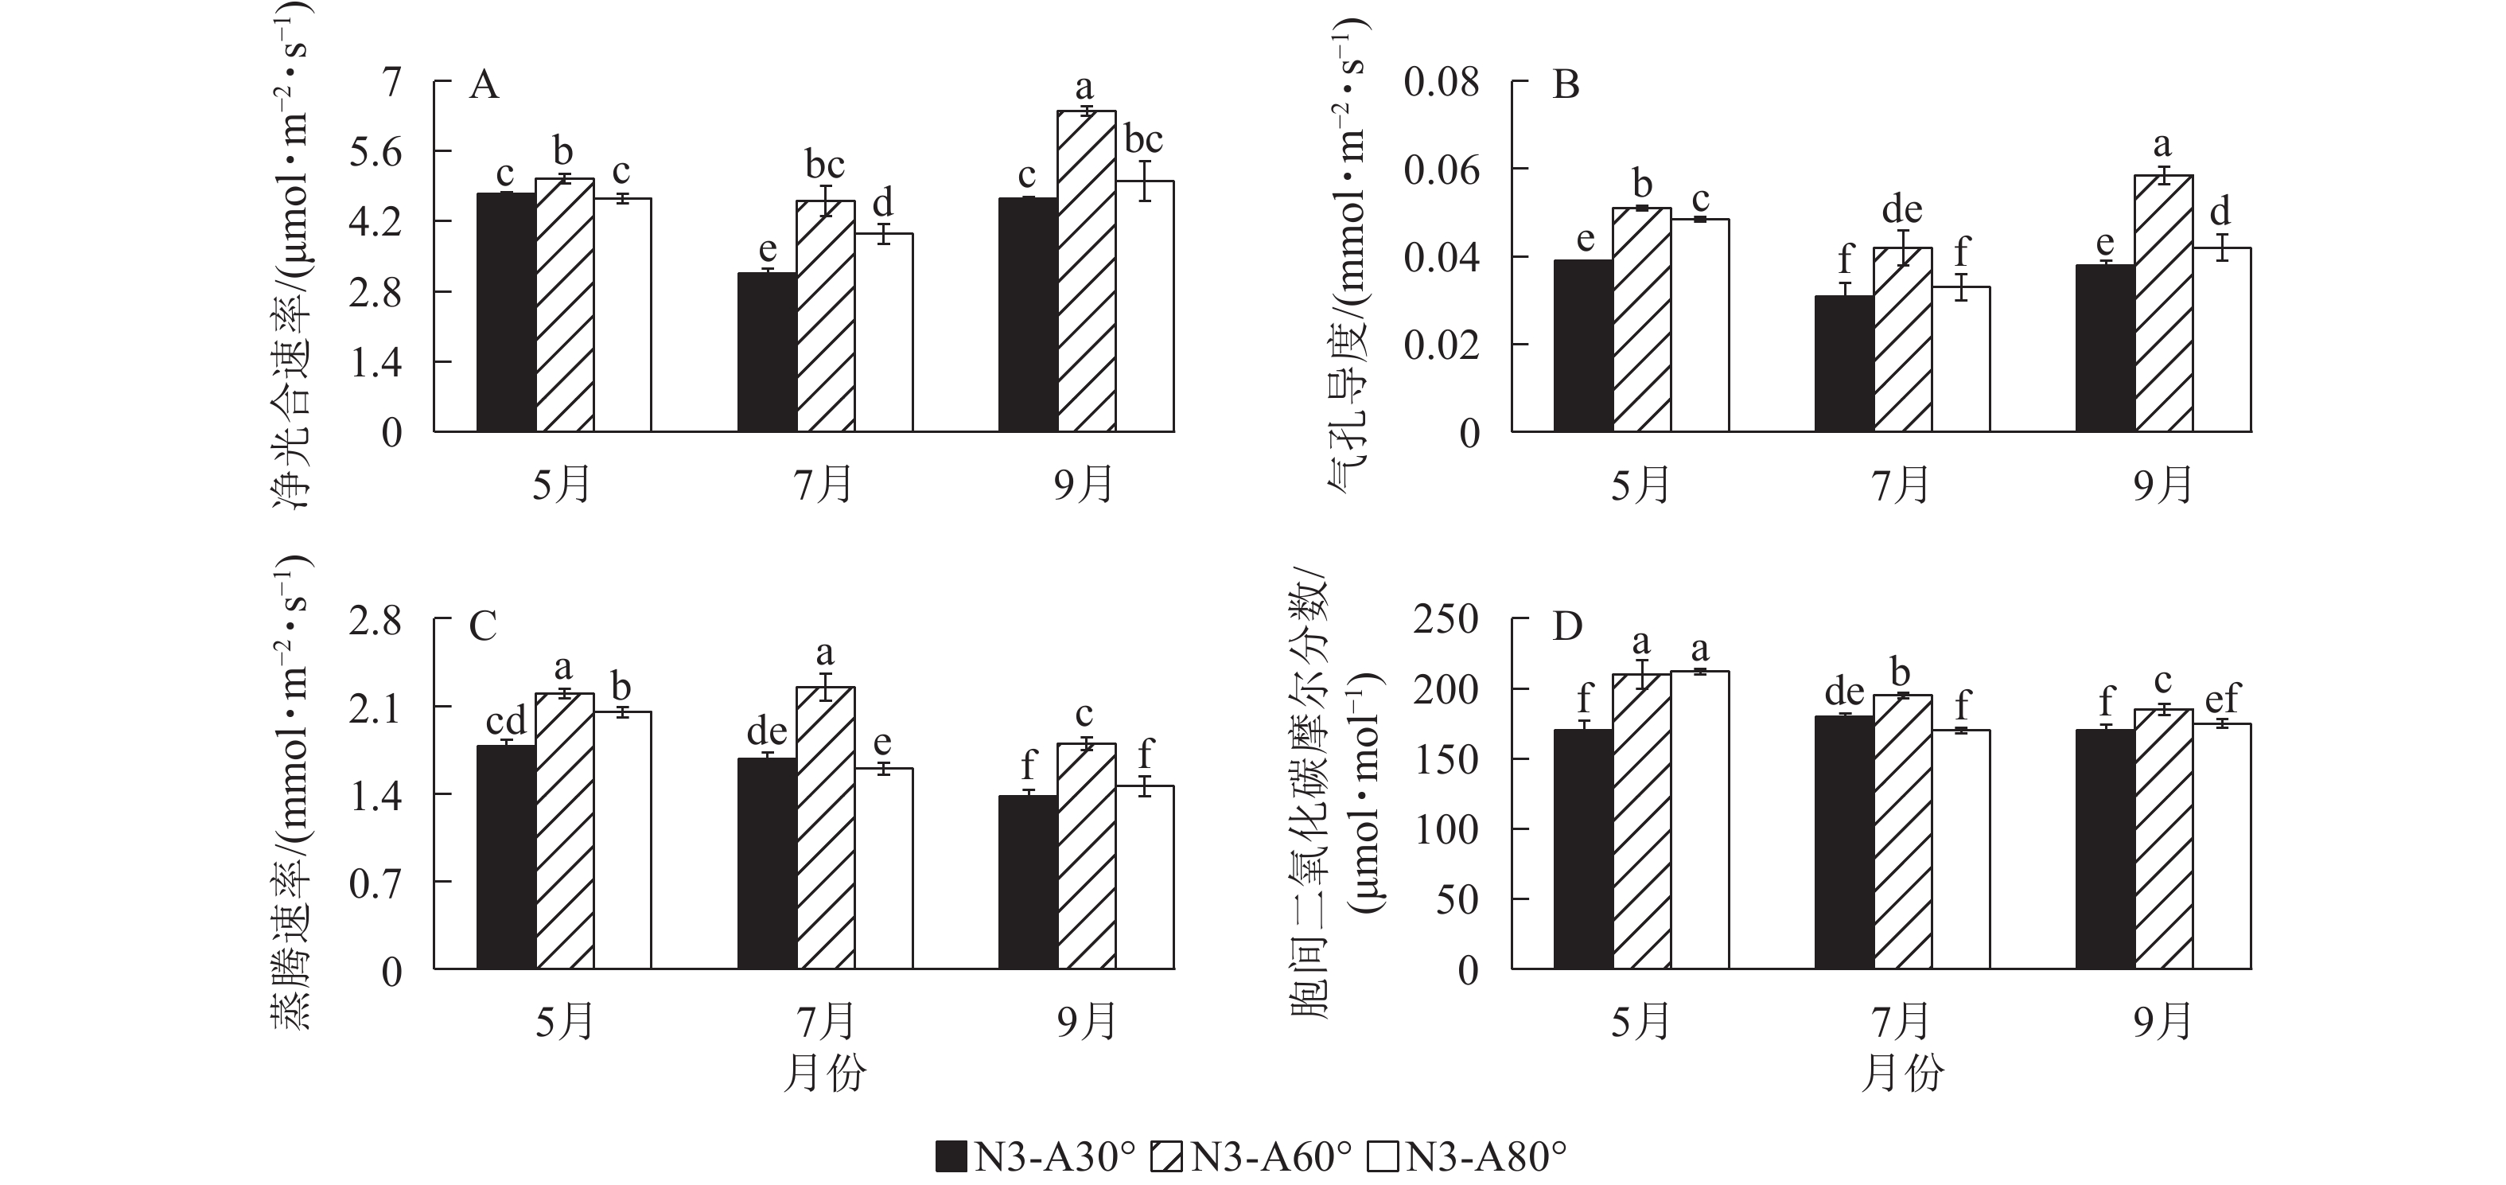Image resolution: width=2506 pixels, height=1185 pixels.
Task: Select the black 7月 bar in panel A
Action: click(767, 353)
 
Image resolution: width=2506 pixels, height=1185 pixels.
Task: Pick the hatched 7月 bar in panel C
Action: click(825, 828)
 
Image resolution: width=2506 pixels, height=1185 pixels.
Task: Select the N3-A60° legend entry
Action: click(1253, 1157)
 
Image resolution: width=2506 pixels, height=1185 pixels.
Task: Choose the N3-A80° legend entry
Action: click(1468, 1157)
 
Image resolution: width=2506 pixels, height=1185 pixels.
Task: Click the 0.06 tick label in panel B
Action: click(1441, 170)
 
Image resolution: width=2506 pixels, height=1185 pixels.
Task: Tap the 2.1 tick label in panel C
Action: click(376, 707)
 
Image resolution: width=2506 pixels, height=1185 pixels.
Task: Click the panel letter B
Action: click(1566, 86)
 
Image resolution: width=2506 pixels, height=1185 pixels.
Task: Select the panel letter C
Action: click(483, 626)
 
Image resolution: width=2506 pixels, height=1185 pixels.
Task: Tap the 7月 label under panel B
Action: click(1902, 485)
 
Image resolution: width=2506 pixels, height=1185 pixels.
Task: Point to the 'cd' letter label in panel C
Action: click(506, 721)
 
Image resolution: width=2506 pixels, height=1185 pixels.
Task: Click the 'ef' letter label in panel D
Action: click(2222, 698)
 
